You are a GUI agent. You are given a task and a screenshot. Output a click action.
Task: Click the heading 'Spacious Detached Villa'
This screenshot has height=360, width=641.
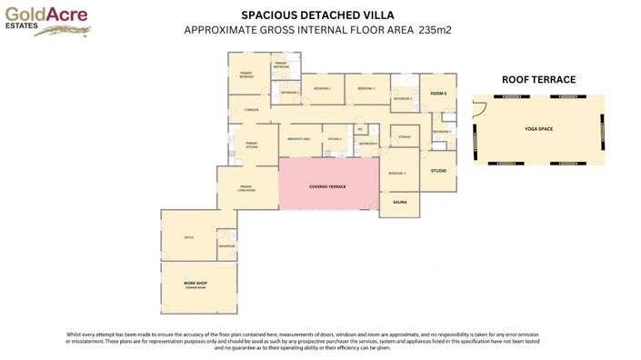pyautogui.click(x=318, y=15)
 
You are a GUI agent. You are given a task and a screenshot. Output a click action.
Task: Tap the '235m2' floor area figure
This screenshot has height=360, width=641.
pyautogui.click(x=436, y=30)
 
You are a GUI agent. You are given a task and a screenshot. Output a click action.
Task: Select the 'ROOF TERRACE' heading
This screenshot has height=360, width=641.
pyautogui.click(x=538, y=80)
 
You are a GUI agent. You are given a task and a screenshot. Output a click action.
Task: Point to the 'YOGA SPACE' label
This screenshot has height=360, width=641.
pyautogui.click(x=538, y=129)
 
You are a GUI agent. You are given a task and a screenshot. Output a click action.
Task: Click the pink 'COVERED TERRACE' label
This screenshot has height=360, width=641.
pyautogui.click(x=327, y=185)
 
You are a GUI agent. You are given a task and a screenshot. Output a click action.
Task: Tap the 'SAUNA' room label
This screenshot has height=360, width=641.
pyautogui.click(x=399, y=202)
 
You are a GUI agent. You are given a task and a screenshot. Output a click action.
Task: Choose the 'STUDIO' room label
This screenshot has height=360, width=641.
pyautogui.click(x=437, y=171)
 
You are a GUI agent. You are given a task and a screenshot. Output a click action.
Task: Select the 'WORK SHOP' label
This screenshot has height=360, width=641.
pyautogui.click(x=196, y=283)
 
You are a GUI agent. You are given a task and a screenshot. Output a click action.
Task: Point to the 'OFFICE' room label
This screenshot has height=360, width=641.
pyautogui.click(x=189, y=237)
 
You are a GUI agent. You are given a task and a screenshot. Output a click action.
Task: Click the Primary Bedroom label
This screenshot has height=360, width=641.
pyautogui.click(x=246, y=75)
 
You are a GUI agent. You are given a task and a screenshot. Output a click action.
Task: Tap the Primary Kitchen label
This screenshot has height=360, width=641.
pyautogui.click(x=246, y=144)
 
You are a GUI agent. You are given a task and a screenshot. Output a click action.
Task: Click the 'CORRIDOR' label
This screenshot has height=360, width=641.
pyautogui.click(x=253, y=110)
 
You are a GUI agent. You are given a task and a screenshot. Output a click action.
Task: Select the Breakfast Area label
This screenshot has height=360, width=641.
pyautogui.click(x=298, y=139)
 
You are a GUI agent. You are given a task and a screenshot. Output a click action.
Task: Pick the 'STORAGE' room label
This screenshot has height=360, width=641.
pyautogui.click(x=405, y=137)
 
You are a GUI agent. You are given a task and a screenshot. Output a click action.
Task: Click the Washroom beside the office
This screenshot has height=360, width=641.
pyautogui.click(x=226, y=245)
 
